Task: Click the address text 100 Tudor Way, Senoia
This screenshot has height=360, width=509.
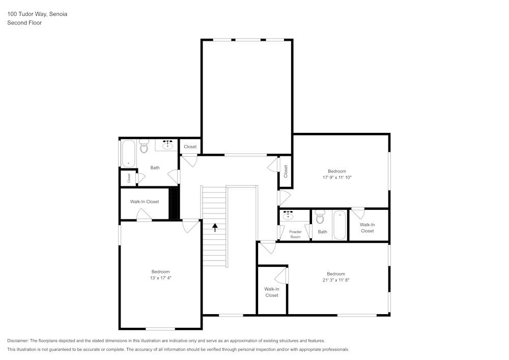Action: (37, 14)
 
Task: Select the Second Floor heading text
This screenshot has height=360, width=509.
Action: (24, 23)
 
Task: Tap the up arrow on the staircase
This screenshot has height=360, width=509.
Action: (215, 227)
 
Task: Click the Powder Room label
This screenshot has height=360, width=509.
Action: (295, 234)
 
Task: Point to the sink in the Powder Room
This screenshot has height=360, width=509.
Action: (289, 215)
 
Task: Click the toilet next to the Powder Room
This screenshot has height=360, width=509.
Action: (320, 217)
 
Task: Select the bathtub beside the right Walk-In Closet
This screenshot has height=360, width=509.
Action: (340, 225)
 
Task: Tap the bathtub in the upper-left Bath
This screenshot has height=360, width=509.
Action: (128, 153)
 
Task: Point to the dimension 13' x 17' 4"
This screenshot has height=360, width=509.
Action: (160, 278)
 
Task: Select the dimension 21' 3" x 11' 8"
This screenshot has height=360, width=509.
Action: (336, 280)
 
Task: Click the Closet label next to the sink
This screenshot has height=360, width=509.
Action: (190, 147)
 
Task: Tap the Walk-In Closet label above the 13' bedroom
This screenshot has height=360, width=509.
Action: (145, 202)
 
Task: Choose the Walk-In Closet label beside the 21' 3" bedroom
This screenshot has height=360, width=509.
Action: (271, 292)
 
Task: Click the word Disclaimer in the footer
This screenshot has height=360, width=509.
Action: (18, 341)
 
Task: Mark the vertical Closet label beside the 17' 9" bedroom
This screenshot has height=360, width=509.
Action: (286, 171)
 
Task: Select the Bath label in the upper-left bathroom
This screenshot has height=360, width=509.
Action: (155, 168)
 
